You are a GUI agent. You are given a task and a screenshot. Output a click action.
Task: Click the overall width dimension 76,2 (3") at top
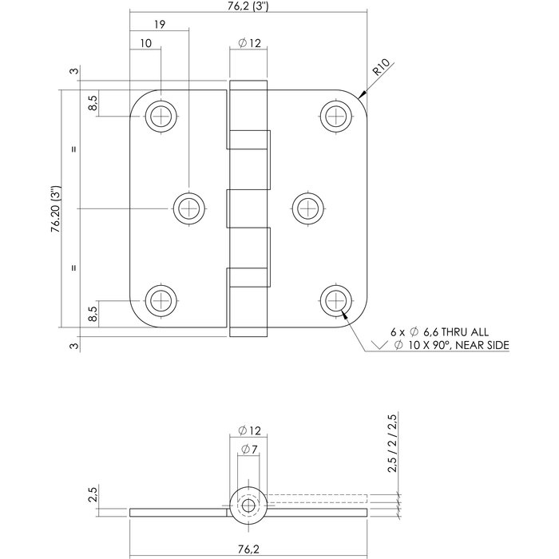click(248, 8)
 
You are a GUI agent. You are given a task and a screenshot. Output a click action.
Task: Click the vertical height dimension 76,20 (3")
click(56, 209)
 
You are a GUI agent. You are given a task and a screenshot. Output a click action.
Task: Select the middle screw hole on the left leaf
click(189, 208)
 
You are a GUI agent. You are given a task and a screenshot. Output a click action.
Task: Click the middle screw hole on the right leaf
click(308, 208)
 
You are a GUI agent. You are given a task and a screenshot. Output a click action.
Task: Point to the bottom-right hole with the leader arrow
click(335, 301)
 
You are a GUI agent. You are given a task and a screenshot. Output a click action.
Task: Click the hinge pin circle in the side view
click(248, 505)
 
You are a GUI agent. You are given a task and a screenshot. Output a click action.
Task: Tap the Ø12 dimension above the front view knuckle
click(251, 44)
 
